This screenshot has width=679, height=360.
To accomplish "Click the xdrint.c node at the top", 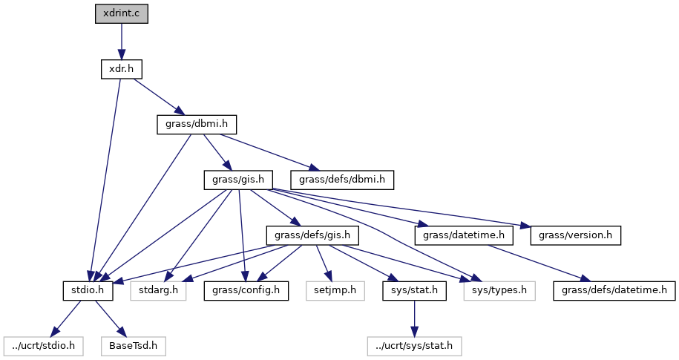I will tap(122, 14).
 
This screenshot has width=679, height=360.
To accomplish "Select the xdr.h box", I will tap(121, 69).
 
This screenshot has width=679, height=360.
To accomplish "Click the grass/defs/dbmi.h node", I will tap(342, 180).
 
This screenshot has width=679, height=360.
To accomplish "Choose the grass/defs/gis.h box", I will tap(312, 235).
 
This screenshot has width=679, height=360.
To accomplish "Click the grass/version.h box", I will tap(575, 235).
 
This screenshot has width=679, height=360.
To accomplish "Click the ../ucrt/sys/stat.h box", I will tap(415, 345).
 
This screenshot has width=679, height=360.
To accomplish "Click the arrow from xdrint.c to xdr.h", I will tap(122, 42).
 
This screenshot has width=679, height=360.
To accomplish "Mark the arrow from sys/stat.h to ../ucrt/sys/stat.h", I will tap(415, 318).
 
